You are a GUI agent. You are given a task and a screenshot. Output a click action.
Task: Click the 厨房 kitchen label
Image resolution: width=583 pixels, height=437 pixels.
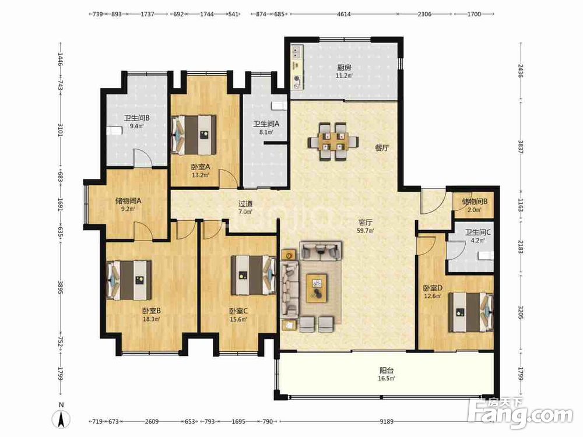pos(344,68)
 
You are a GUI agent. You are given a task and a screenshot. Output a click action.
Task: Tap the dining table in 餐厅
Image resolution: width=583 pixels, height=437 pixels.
pos(333,142)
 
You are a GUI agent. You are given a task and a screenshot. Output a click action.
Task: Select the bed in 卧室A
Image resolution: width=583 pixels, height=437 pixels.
pos(194,135)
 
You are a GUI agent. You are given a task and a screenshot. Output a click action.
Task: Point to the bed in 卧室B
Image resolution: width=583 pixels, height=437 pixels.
pos(129,280)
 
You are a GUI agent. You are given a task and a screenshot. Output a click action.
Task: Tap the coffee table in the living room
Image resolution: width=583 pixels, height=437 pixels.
pos(317,288)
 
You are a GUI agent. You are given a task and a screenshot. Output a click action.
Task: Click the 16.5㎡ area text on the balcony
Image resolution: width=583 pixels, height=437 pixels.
pos(387,379)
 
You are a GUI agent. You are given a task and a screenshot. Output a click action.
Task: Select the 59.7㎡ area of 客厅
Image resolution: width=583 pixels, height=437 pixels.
pos(366,231)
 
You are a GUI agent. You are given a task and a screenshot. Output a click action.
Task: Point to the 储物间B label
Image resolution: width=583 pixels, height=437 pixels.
pos(475,202)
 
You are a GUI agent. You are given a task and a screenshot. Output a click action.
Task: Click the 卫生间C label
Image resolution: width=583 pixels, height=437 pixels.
pos(478,232)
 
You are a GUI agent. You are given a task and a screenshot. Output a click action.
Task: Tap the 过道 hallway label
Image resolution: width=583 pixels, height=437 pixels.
pos(245,203)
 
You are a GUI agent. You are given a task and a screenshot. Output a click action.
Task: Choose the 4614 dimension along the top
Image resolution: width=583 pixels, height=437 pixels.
pos(343,14)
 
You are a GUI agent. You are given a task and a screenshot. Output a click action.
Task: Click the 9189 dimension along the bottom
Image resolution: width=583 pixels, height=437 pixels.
pos(387,421)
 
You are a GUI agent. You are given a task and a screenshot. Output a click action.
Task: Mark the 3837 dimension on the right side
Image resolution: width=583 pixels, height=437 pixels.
pos(521,148)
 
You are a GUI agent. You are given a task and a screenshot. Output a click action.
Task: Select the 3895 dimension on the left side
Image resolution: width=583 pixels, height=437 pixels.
pos(60,287)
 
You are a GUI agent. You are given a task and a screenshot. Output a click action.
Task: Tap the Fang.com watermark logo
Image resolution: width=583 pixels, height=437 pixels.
pos(521,413)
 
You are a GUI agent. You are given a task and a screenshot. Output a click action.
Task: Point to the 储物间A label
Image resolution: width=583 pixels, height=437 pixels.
pos(128,201)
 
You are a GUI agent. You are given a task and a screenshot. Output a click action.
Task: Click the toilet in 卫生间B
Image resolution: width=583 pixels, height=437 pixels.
pos(114,131)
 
